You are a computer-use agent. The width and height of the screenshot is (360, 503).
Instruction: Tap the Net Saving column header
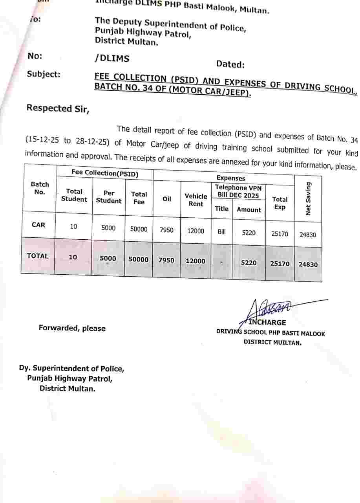click(309, 199)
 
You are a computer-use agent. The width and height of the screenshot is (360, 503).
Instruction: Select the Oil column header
click(167, 199)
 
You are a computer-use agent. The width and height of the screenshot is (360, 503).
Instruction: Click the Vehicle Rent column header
click(196, 200)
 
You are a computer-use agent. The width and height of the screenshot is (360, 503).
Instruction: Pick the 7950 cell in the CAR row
click(167, 230)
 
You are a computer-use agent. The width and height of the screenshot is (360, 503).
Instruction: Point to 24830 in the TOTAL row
click(308, 264)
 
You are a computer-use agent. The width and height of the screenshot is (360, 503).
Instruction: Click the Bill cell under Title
click(222, 232)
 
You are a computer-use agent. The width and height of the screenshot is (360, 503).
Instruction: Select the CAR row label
click(38, 225)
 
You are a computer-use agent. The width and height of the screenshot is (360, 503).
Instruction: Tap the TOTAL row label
click(38, 256)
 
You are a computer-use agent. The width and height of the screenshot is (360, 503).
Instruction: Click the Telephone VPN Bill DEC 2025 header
click(238, 191)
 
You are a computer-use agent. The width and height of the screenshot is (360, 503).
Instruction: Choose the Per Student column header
click(109, 197)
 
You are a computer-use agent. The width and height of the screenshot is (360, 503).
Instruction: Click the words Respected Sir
click(58, 108)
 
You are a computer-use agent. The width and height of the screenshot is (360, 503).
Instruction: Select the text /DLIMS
click(112, 59)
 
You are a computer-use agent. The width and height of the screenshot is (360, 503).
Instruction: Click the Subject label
click(44, 74)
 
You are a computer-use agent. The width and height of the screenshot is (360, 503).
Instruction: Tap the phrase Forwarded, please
click(72, 328)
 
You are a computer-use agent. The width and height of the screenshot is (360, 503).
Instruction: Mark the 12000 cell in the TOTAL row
click(196, 261)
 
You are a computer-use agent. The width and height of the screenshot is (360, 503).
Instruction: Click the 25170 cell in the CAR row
click(280, 233)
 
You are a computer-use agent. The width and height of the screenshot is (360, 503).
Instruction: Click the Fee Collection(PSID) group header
click(105, 173)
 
